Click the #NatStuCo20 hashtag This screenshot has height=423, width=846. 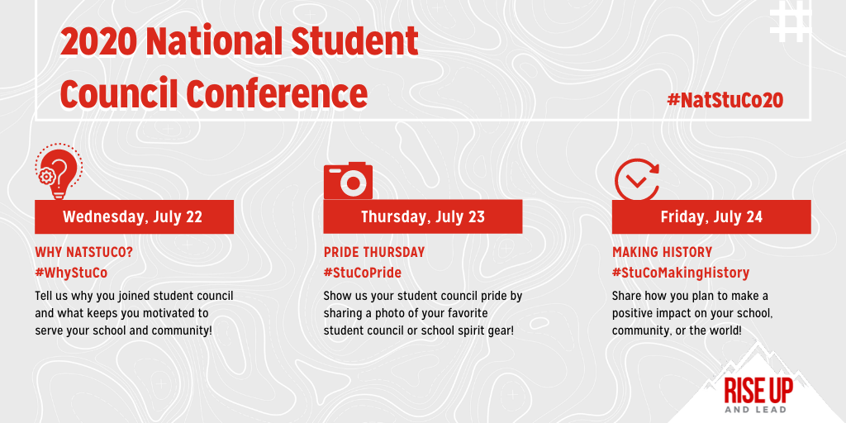725,101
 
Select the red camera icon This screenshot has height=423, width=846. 348,181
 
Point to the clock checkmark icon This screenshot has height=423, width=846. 637,177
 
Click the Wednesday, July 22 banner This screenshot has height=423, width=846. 133,217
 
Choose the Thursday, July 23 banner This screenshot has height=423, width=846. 422,217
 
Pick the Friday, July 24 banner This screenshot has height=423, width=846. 711,217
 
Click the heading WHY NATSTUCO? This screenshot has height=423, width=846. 83,252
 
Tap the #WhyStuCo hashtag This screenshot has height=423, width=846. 71,272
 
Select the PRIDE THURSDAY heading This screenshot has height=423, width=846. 373,252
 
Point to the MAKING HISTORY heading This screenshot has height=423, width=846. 662,252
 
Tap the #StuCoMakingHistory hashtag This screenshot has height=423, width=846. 680,272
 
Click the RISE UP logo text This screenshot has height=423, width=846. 755,388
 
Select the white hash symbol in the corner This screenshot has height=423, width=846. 791,22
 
